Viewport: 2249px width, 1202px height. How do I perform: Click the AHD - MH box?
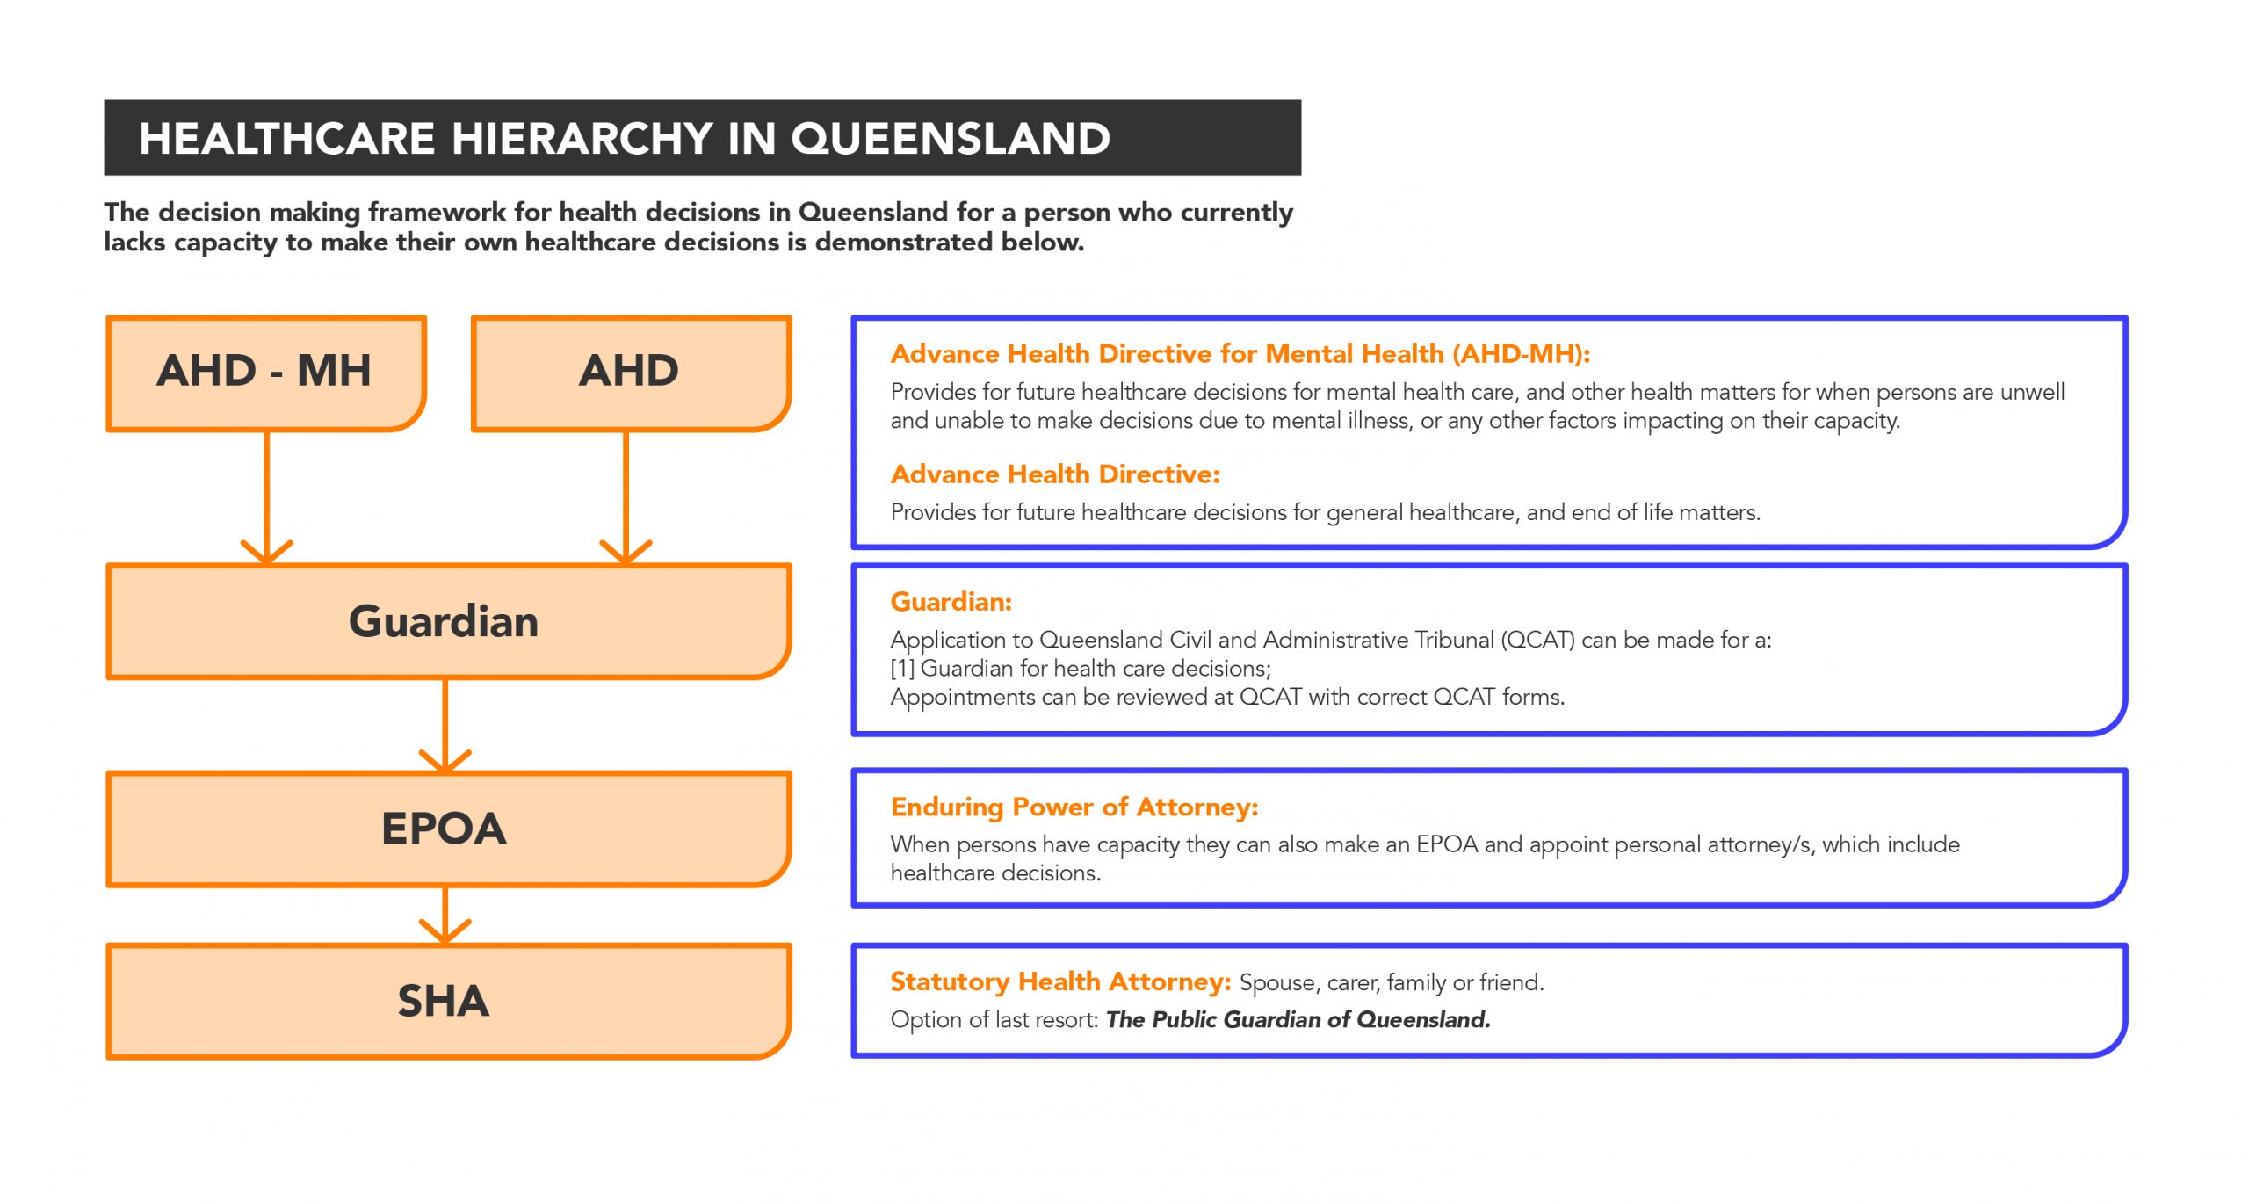(265, 373)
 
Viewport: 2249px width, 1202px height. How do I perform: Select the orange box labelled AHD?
(630, 373)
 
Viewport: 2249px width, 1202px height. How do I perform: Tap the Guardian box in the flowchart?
(447, 621)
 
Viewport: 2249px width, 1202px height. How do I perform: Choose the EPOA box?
(447, 829)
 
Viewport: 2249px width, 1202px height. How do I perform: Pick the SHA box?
(447, 1001)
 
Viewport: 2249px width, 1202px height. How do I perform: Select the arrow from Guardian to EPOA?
(445, 725)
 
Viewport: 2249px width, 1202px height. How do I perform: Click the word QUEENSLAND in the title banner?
(951, 139)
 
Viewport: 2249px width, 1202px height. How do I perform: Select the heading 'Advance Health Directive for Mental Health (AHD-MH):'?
(1240, 353)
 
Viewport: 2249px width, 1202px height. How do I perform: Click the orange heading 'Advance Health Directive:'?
(1054, 474)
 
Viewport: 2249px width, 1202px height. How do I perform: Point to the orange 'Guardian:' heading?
(951, 602)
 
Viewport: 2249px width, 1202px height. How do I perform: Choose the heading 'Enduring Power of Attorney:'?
(1074, 807)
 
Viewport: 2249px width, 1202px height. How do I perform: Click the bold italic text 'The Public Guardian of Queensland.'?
(1298, 1019)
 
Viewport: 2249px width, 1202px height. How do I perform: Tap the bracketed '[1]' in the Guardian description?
(902, 669)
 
